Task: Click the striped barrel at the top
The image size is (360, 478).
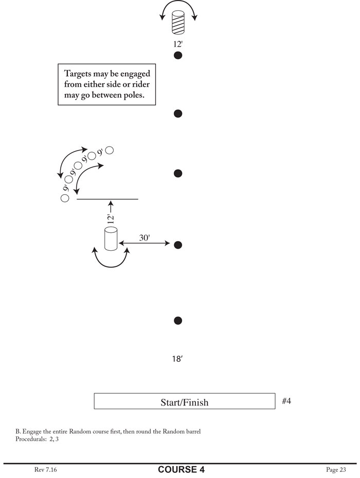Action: [x=178, y=22]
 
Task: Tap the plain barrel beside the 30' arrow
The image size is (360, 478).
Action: [x=111, y=239]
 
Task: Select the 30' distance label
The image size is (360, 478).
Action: [x=145, y=238]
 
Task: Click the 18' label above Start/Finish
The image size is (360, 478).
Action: [x=177, y=360]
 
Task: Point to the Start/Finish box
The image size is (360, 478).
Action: [x=184, y=401]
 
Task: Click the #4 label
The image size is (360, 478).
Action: [x=287, y=400]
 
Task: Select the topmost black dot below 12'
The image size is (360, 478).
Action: [x=178, y=56]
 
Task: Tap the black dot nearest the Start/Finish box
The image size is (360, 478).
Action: [x=178, y=321]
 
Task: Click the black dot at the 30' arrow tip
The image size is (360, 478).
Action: [x=178, y=245]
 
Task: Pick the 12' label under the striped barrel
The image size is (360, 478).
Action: [x=178, y=44]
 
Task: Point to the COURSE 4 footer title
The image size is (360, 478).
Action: [x=177, y=469]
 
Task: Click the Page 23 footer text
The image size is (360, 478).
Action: [x=336, y=469]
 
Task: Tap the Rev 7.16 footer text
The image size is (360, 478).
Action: [x=46, y=469]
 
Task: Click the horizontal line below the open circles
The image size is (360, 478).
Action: [x=107, y=199]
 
